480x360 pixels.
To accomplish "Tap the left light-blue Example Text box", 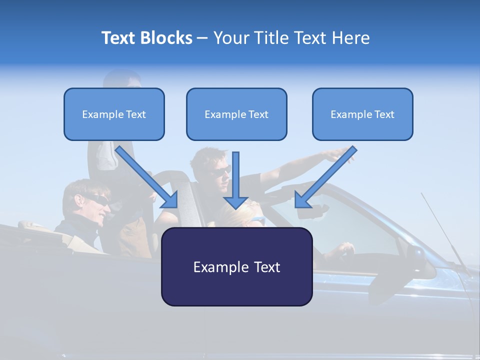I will [x=114, y=114].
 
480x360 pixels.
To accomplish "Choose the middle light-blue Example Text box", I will [x=236, y=114].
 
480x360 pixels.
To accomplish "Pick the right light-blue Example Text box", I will [x=362, y=114].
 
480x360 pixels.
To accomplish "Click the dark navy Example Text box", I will [x=236, y=267].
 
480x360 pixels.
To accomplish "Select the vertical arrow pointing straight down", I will [x=236, y=180].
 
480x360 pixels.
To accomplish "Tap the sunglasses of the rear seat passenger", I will [x=97, y=199].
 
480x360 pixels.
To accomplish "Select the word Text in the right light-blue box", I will [x=384, y=114].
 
